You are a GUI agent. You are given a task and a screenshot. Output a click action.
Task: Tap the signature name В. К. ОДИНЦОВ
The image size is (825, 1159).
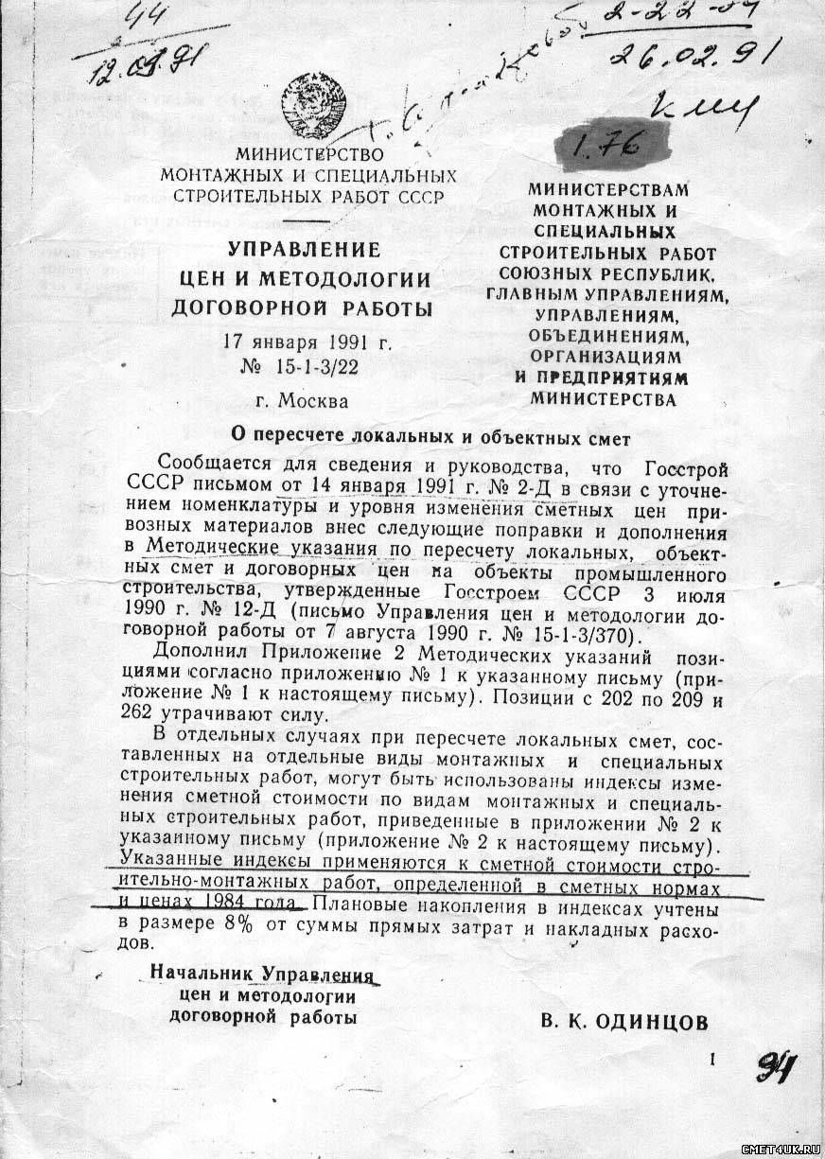(624, 1022)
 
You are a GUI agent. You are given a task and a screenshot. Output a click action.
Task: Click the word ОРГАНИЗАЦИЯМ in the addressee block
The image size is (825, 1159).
(606, 357)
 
